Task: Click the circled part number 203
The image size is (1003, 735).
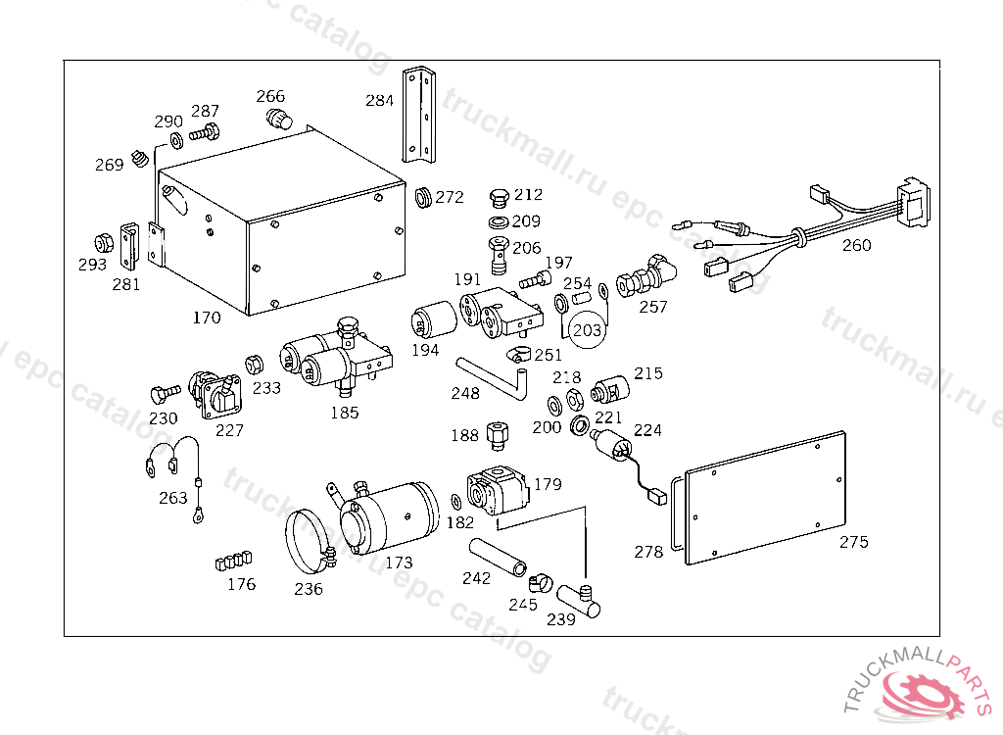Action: (x=587, y=330)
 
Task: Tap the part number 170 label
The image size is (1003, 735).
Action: (x=207, y=318)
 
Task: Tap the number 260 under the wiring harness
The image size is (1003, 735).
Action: (x=856, y=245)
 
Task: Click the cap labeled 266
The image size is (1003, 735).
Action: (x=281, y=120)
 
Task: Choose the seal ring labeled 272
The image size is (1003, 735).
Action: (x=424, y=197)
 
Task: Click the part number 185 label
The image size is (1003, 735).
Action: (x=344, y=413)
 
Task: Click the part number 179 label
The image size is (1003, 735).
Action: (x=548, y=484)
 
